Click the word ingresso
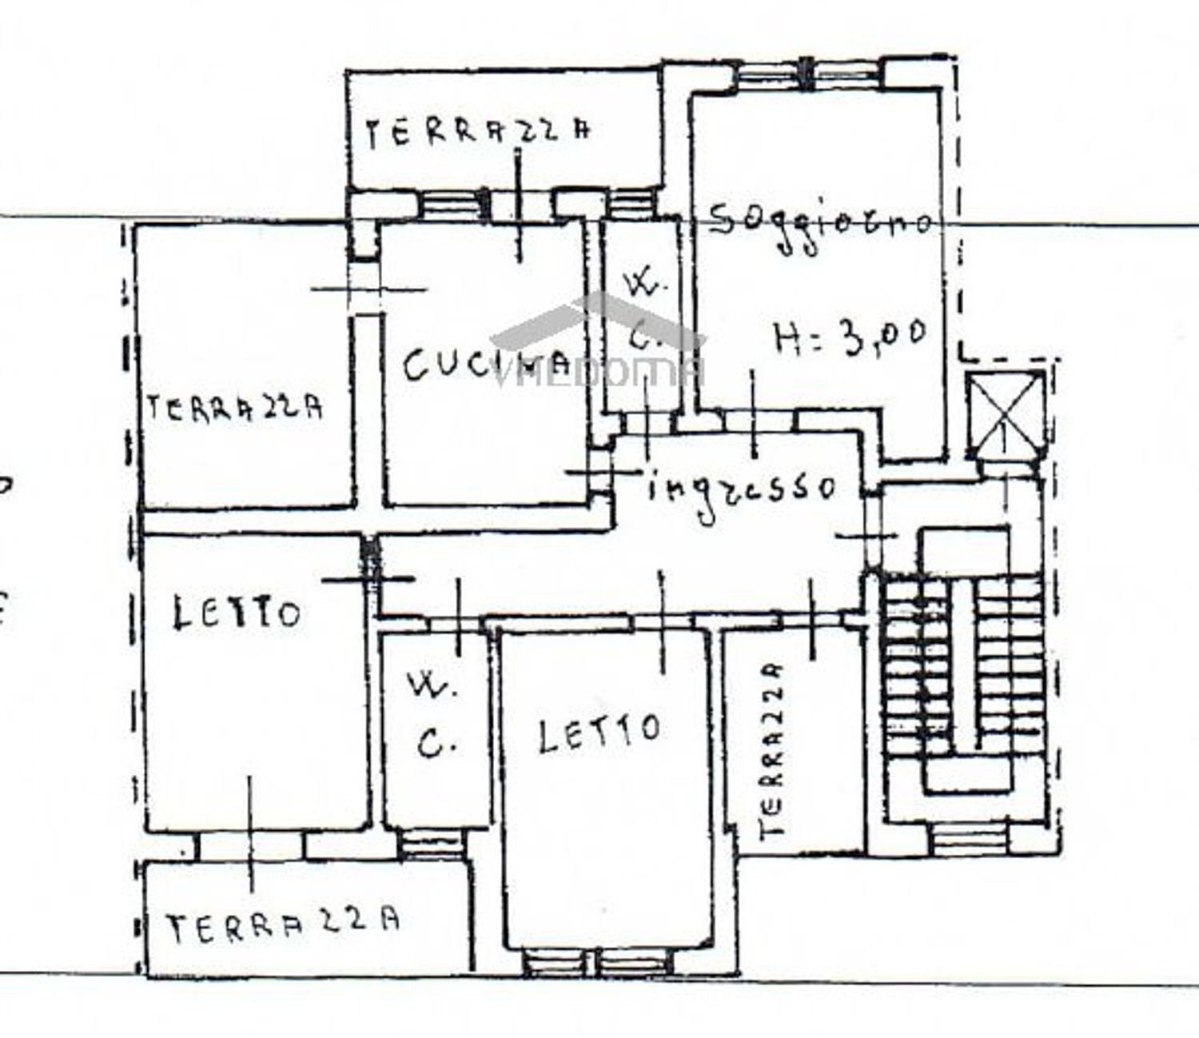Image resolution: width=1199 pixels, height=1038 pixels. [x=742, y=489]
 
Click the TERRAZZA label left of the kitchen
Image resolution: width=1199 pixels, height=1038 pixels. [x=235, y=409]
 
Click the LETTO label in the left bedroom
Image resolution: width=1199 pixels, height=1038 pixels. [x=237, y=614]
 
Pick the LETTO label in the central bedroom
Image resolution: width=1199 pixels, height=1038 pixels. [x=599, y=733]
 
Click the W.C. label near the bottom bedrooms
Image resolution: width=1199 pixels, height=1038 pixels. [x=433, y=716]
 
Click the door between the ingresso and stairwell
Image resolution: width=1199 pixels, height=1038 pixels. [x=869, y=533]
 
